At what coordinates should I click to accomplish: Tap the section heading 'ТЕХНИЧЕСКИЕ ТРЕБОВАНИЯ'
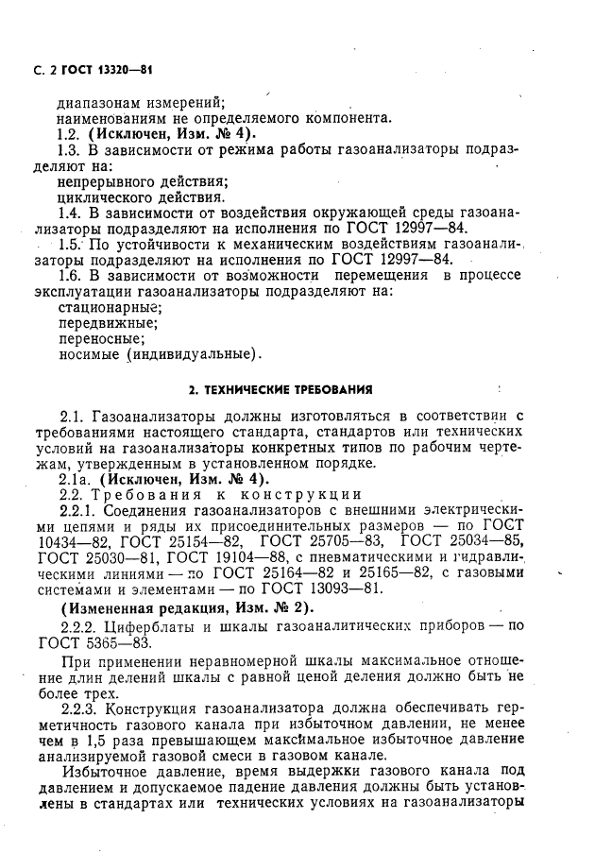coord(281,388)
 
